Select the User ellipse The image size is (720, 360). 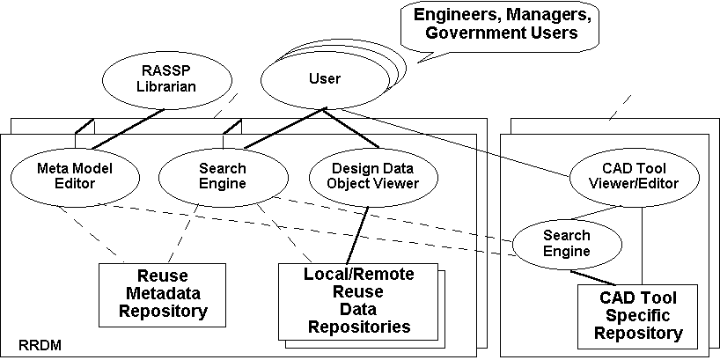click(324, 79)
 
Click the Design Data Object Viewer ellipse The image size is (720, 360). click(363, 176)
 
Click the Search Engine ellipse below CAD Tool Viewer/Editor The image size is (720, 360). click(566, 244)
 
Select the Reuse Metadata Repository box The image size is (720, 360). click(164, 293)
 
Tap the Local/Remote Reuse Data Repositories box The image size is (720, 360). click(357, 300)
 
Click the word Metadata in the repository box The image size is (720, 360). click(164, 294)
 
